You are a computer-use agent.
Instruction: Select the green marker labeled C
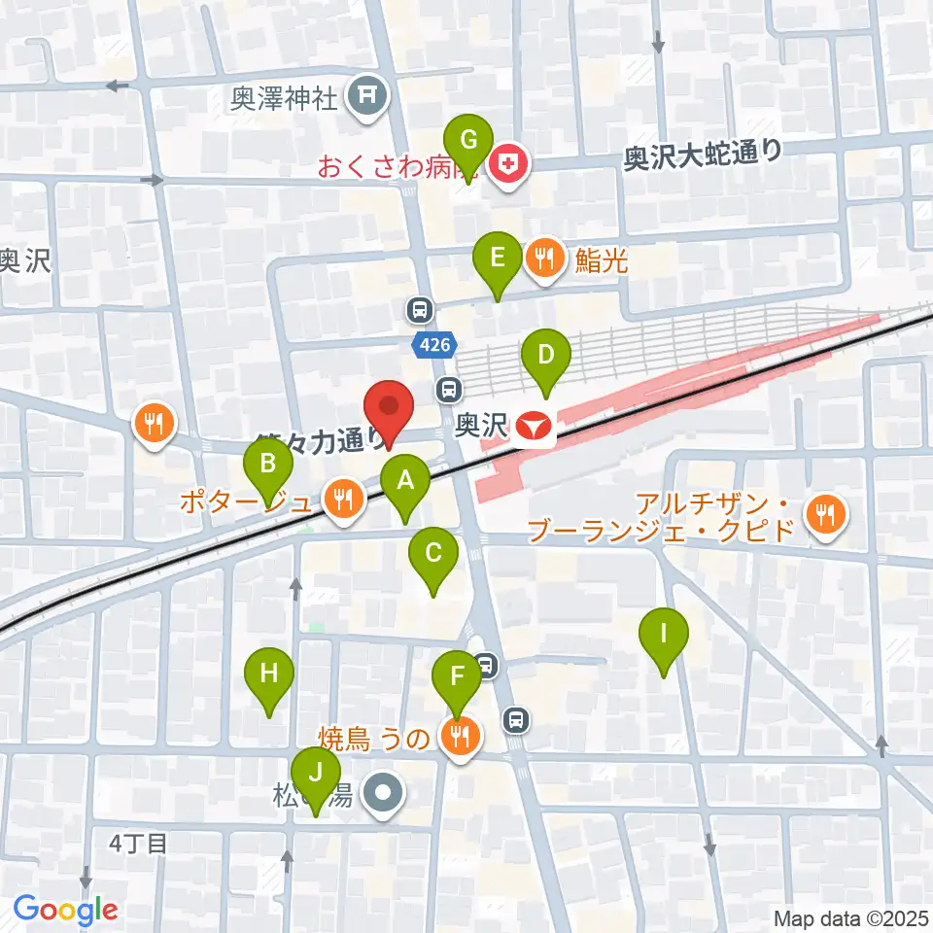(x=433, y=555)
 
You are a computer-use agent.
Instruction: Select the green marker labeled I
(x=664, y=636)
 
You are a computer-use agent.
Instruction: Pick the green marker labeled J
(x=315, y=775)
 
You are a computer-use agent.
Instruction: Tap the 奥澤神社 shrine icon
(x=369, y=95)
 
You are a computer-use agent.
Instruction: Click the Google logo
(x=65, y=911)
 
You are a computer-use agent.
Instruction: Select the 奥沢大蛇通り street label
(x=703, y=155)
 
